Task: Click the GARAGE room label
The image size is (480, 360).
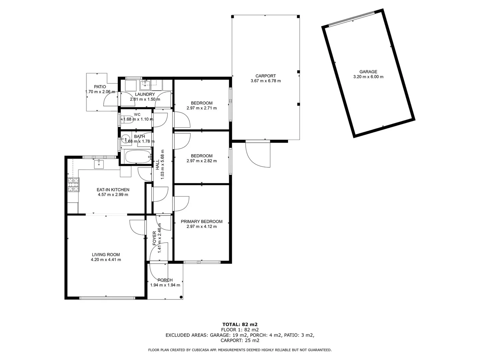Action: pyautogui.click(x=368, y=72)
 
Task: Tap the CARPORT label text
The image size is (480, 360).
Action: pyautogui.click(x=265, y=76)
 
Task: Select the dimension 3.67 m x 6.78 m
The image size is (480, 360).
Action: pyautogui.click(x=265, y=81)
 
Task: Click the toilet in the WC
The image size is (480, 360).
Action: pyautogui.click(x=127, y=119)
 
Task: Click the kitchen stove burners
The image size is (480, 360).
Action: pyautogui.click(x=74, y=185)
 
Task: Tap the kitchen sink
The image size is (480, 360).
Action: pyautogui.click(x=99, y=164)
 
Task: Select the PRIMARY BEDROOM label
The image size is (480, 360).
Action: pyautogui.click(x=201, y=221)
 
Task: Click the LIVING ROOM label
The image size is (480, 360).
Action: pyautogui.click(x=106, y=255)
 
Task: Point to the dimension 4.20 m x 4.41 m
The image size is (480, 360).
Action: pyautogui.click(x=106, y=260)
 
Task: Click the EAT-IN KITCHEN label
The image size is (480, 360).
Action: pyautogui.click(x=113, y=190)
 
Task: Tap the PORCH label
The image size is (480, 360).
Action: pyautogui.click(x=165, y=280)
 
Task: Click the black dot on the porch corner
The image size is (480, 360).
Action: pyautogui.click(x=181, y=297)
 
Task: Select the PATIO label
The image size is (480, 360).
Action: pyautogui.click(x=100, y=87)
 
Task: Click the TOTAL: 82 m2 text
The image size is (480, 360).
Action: pyautogui.click(x=240, y=324)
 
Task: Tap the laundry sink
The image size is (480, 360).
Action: pyautogui.click(x=145, y=84)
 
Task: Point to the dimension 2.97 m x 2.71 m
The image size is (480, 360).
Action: pyautogui.click(x=201, y=108)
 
